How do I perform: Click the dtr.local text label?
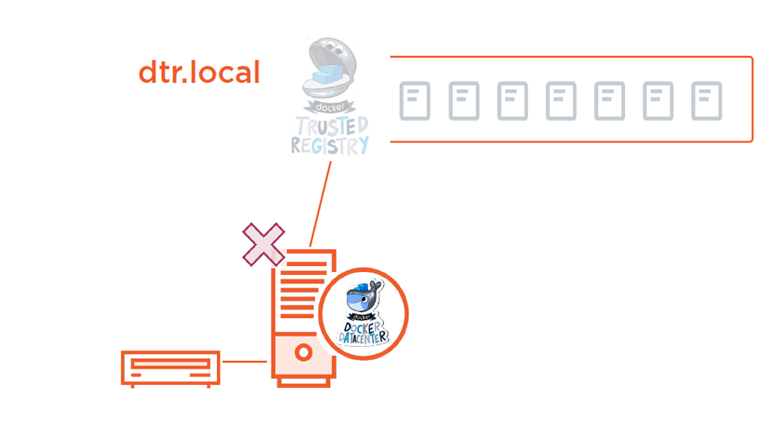(x=199, y=73)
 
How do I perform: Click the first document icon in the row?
(x=415, y=101)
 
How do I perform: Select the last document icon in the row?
(x=706, y=101)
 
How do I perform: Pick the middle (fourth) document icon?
(x=561, y=101)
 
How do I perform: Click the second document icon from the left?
(x=464, y=101)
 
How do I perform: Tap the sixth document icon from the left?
(x=658, y=101)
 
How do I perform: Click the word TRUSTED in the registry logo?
(x=332, y=124)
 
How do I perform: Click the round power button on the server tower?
(x=303, y=352)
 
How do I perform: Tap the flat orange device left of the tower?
(x=170, y=368)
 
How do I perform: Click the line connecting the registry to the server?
(x=321, y=203)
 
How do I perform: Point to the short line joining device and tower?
(x=245, y=362)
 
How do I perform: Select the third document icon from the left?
(x=513, y=101)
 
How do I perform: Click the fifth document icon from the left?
(x=609, y=101)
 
